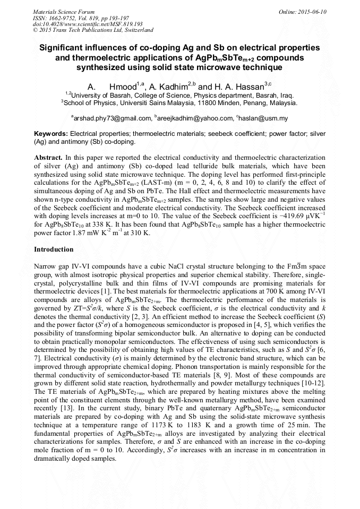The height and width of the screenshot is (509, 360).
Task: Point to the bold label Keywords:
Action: (x=51, y=134)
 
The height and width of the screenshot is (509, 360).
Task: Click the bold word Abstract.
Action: (x=48, y=158)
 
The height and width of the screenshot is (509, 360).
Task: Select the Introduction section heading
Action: (x=54, y=249)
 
